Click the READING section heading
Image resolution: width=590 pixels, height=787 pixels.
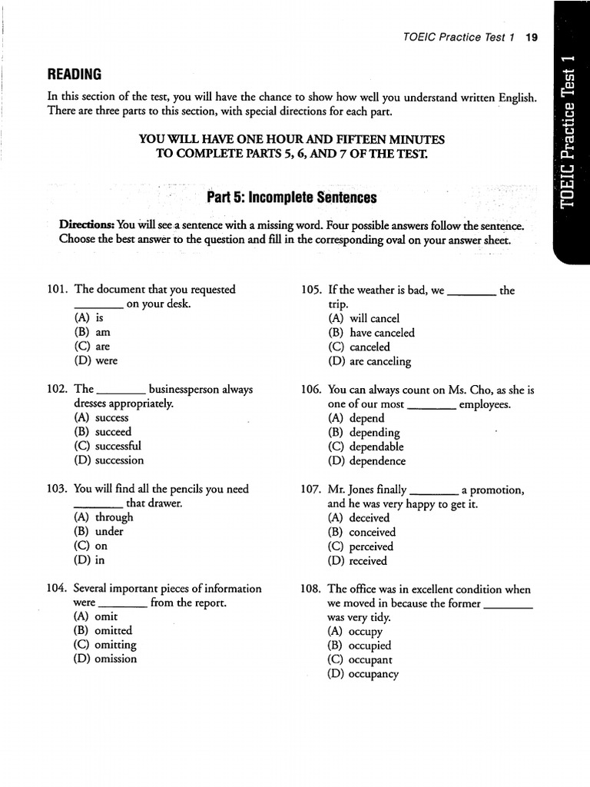(x=75, y=74)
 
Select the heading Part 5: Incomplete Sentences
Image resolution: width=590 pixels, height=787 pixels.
(x=292, y=198)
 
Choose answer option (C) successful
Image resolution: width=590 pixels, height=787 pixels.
(x=108, y=446)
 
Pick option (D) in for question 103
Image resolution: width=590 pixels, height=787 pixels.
(x=90, y=560)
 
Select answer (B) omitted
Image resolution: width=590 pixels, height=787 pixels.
(x=104, y=630)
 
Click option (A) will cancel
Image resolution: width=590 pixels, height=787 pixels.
(x=363, y=318)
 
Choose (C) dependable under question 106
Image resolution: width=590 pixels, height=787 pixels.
(x=365, y=447)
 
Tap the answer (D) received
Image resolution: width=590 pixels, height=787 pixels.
(x=357, y=560)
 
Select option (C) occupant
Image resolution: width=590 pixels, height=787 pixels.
(x=360, y=659)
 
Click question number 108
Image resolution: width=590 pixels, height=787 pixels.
(x=310, y=589)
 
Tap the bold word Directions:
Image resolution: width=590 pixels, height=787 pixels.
(x=87, y=225)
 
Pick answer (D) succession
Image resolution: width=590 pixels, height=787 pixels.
(x=108, y=460)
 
